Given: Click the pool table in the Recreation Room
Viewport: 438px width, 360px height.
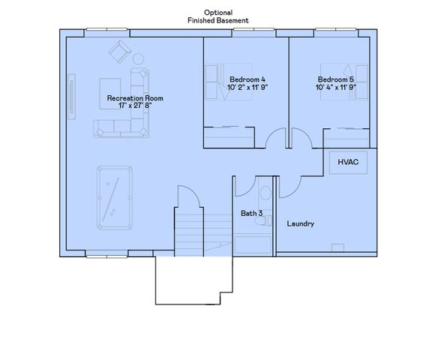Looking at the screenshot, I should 114,197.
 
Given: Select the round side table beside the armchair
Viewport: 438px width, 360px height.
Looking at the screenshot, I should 139,58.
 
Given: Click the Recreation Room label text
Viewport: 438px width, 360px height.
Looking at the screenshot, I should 135,98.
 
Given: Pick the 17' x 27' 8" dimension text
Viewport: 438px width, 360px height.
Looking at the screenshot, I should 135,106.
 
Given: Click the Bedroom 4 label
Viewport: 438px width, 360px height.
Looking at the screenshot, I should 247,79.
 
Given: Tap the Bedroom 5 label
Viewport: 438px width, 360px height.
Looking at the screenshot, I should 335,79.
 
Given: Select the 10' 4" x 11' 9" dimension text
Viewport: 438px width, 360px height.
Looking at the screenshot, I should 335,87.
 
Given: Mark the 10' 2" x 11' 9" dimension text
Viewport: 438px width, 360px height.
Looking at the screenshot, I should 247,87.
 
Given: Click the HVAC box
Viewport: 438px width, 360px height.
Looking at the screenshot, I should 347,162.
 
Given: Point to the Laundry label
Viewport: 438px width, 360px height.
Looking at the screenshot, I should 301,223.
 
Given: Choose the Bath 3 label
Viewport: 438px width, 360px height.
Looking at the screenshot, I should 251,213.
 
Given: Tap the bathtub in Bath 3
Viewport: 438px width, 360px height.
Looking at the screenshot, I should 253,244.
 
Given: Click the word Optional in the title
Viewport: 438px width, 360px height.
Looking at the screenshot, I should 218,13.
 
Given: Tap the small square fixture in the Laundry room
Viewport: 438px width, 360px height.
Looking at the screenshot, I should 338,247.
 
